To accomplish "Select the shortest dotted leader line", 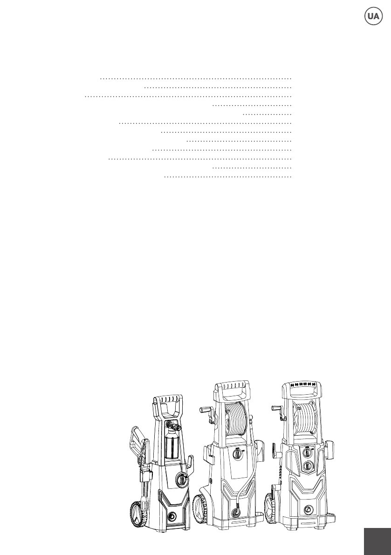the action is pyautogui.click(x=267, y=114).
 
